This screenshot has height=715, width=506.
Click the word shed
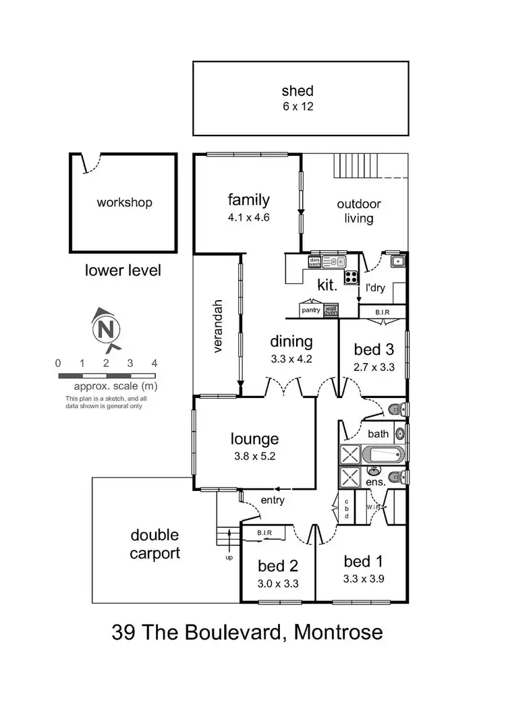pos(298,91)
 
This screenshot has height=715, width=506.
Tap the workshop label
pos(124,202)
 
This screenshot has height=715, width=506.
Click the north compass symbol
pos(105,330)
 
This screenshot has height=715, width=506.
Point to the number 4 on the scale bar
pos(154,363)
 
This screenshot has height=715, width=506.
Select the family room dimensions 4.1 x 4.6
pos(248,218)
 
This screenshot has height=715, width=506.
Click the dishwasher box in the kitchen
pos(314,262)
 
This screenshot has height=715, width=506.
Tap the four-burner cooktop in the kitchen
pos(351,277)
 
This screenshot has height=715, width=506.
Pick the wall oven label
pos(331,310)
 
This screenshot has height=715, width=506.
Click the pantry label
pos(311,310)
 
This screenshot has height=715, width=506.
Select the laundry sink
pos(399,261)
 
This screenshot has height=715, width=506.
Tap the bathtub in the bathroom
pos(383,454)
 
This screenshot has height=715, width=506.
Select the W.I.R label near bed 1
pos(374,507)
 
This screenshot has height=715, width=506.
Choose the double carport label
pos(154,544)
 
